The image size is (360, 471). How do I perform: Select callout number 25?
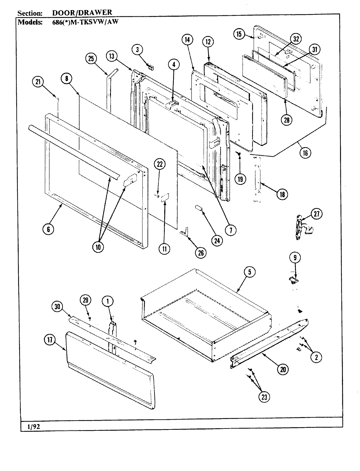coord(91,59)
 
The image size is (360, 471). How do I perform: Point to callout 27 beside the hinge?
coord(316,214)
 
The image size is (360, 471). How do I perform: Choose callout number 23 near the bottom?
coord(264,397)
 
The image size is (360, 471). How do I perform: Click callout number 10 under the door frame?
coord(98,247)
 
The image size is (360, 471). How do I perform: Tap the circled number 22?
coord(159,165)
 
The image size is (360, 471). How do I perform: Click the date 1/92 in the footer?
coord(30,426)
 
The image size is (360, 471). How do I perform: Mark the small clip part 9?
coord(294,279)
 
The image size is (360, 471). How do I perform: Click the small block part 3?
coord(151,67)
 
